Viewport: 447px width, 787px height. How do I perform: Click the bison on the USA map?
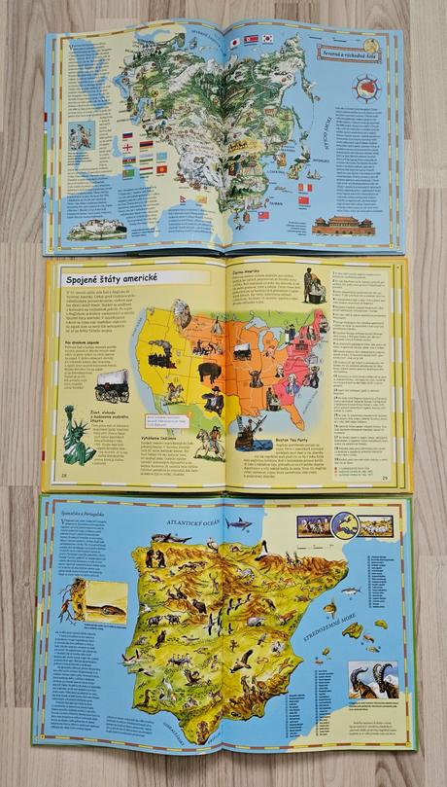click(211, 371)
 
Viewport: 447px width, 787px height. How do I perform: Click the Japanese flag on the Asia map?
click(235, 43)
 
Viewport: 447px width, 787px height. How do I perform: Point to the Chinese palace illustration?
click(342, 228)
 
